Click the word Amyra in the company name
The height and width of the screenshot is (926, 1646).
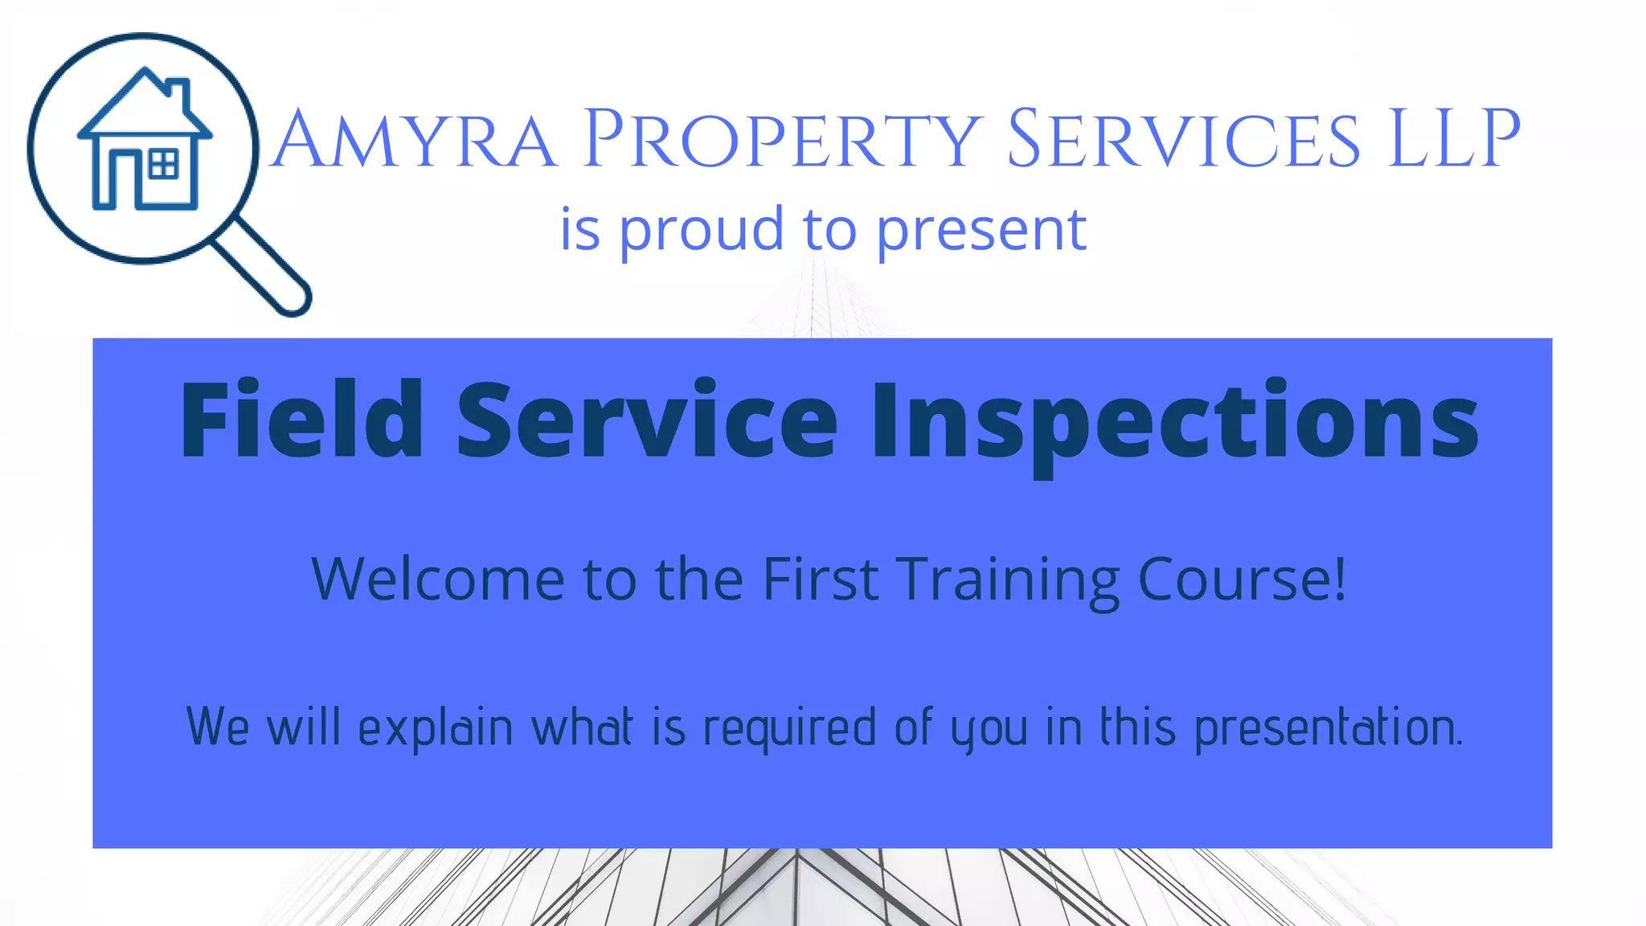pos(413,140)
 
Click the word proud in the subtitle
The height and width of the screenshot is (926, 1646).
pos(701,231)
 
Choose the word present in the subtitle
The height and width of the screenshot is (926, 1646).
pos(981,231)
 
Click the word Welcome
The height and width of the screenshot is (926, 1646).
pos(438,579)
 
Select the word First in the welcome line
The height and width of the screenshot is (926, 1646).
pos(820,579)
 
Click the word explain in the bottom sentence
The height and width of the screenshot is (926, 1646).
pos(435,728)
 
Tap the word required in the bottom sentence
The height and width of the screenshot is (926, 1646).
pos(789,728)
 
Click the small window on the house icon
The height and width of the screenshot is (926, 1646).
pos(164,164)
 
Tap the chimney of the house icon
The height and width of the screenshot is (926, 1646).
pos(180,93)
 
